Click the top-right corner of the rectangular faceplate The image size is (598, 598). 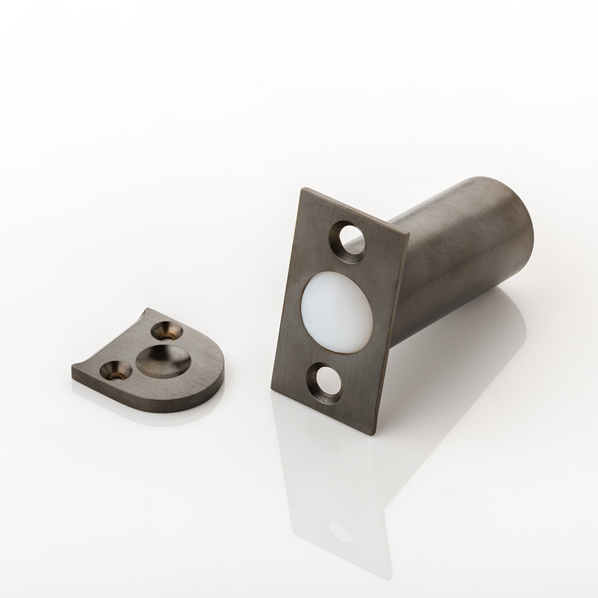pos(408,234)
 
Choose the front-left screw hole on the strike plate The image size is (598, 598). pos(114,371)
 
